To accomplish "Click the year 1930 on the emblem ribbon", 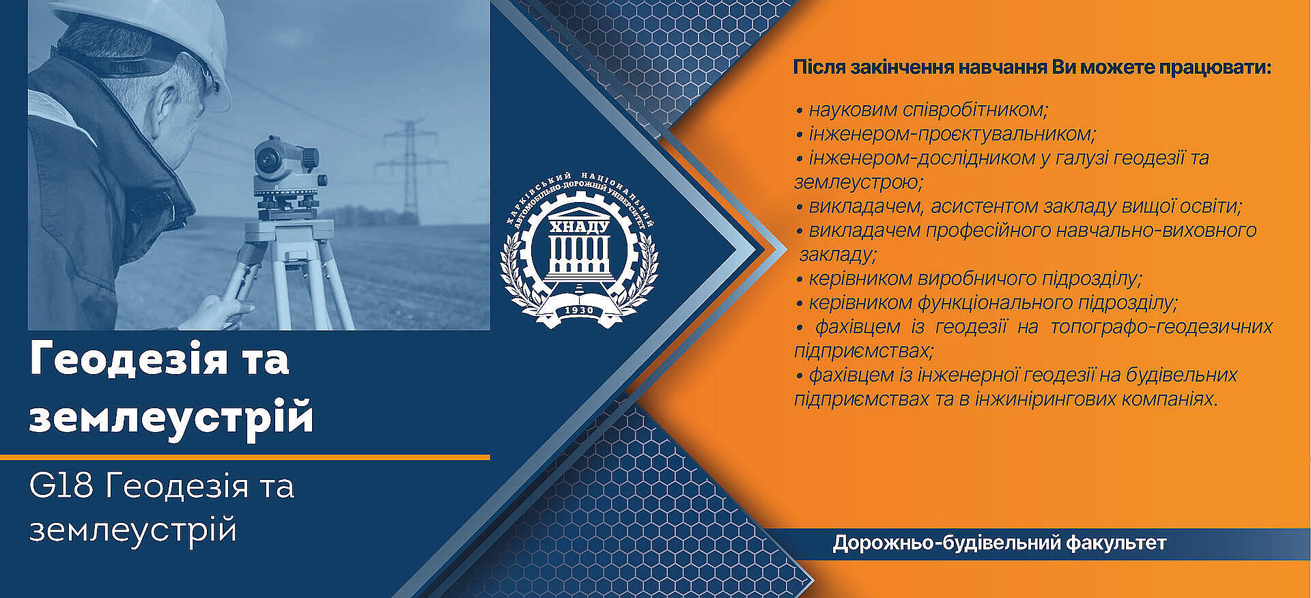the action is (x=579, y=311).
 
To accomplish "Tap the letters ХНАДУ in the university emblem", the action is (x=579, y=227).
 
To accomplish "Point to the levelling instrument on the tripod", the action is (x=283, y=174).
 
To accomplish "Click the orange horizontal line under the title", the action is (x=245, y=457).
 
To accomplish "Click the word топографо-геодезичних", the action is (x=1161, y=327).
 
